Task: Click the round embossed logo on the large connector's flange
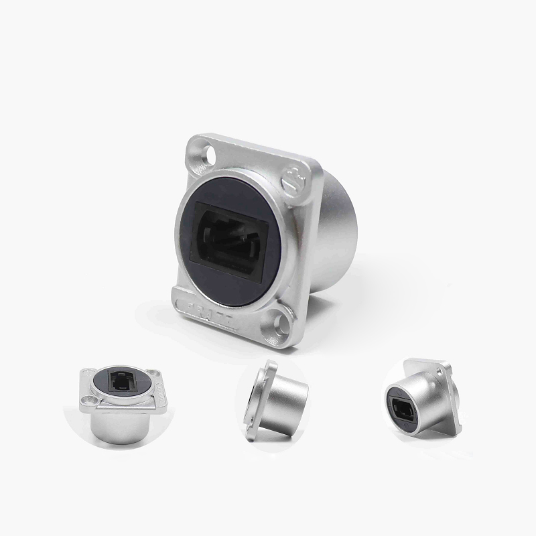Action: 295,177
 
